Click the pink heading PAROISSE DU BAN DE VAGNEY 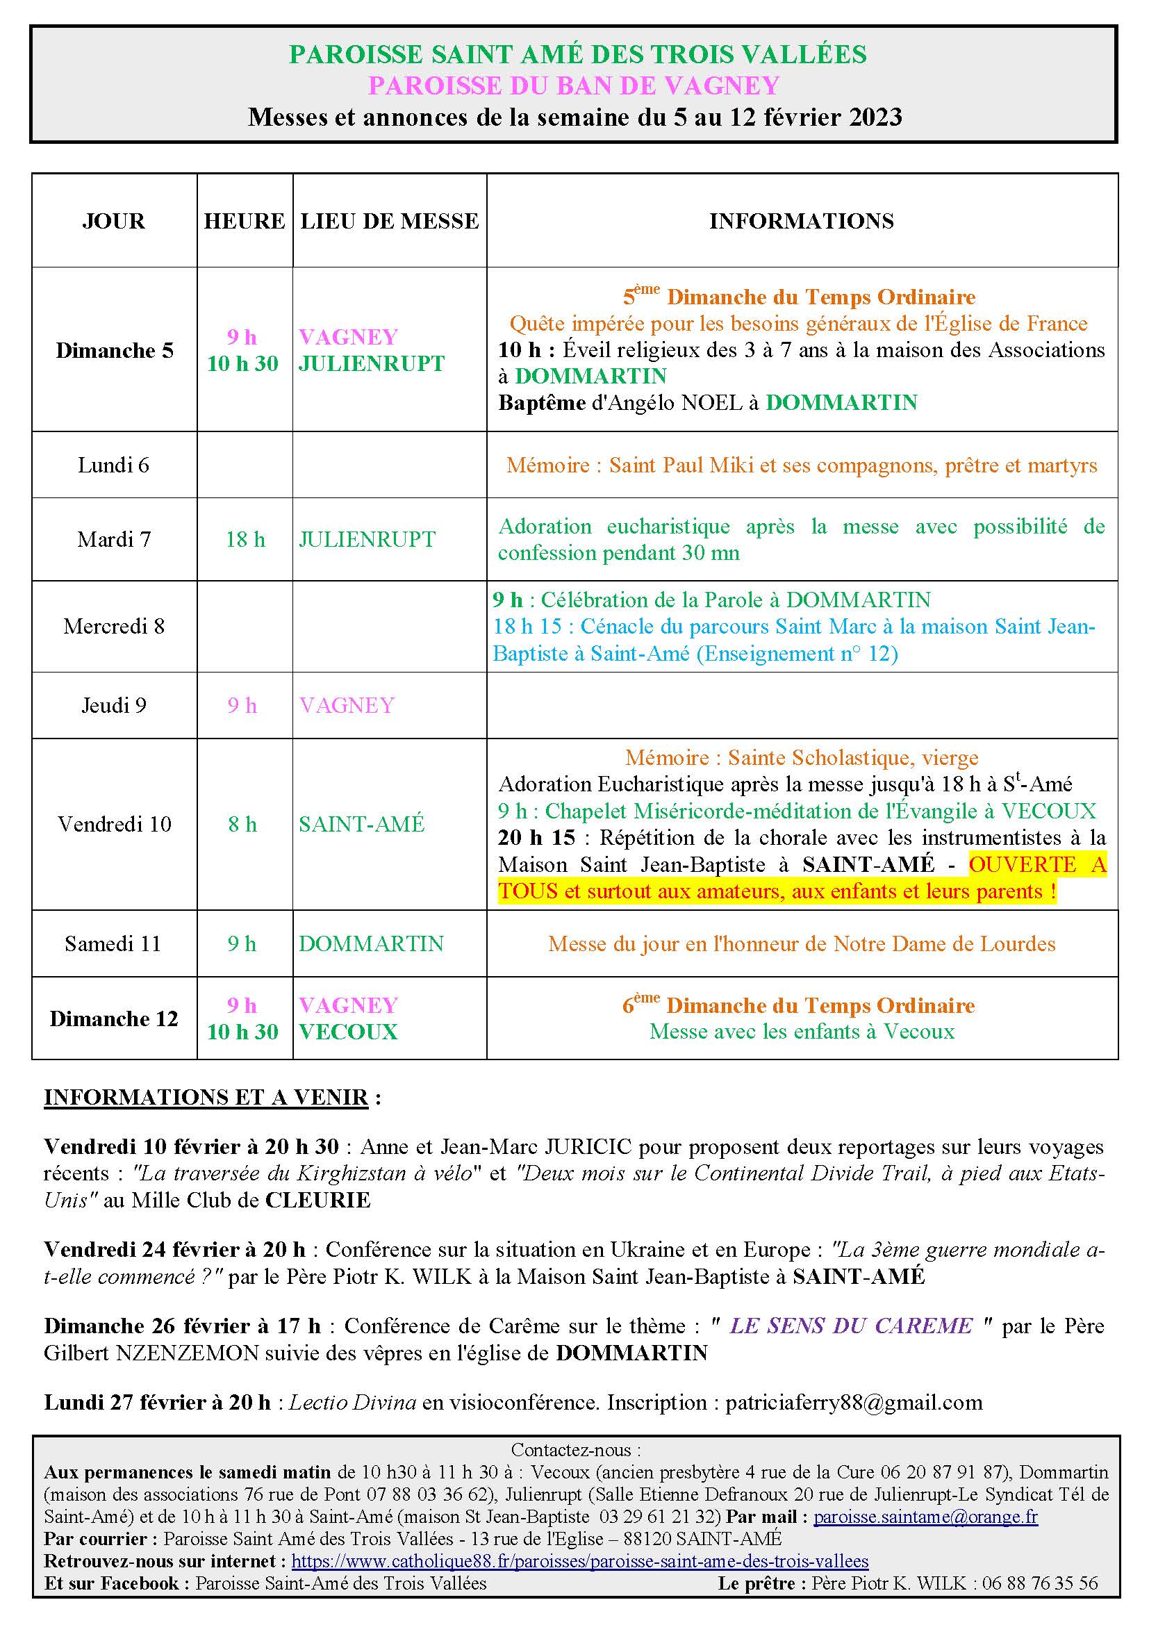coord(574,85)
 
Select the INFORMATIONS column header coord(802,221)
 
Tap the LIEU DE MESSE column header coord(389,221)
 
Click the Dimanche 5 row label coord(115,350)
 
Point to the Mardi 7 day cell coord(114,539)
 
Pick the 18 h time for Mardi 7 coord(245,539)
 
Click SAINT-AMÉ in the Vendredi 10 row coord(361,824)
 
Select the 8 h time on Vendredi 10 coord(242,824)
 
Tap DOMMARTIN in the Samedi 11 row coord(371,943)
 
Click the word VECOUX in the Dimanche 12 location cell coord(348,1032)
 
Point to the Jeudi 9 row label coord(114,705)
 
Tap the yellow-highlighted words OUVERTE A coord(1037,864)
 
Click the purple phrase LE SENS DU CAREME coord(851,1326)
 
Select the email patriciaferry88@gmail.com coord(854,1402)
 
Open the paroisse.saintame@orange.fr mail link coord(925,1517)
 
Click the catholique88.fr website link coord(579,1560)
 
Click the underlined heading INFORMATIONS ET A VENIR coord(206,1097)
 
